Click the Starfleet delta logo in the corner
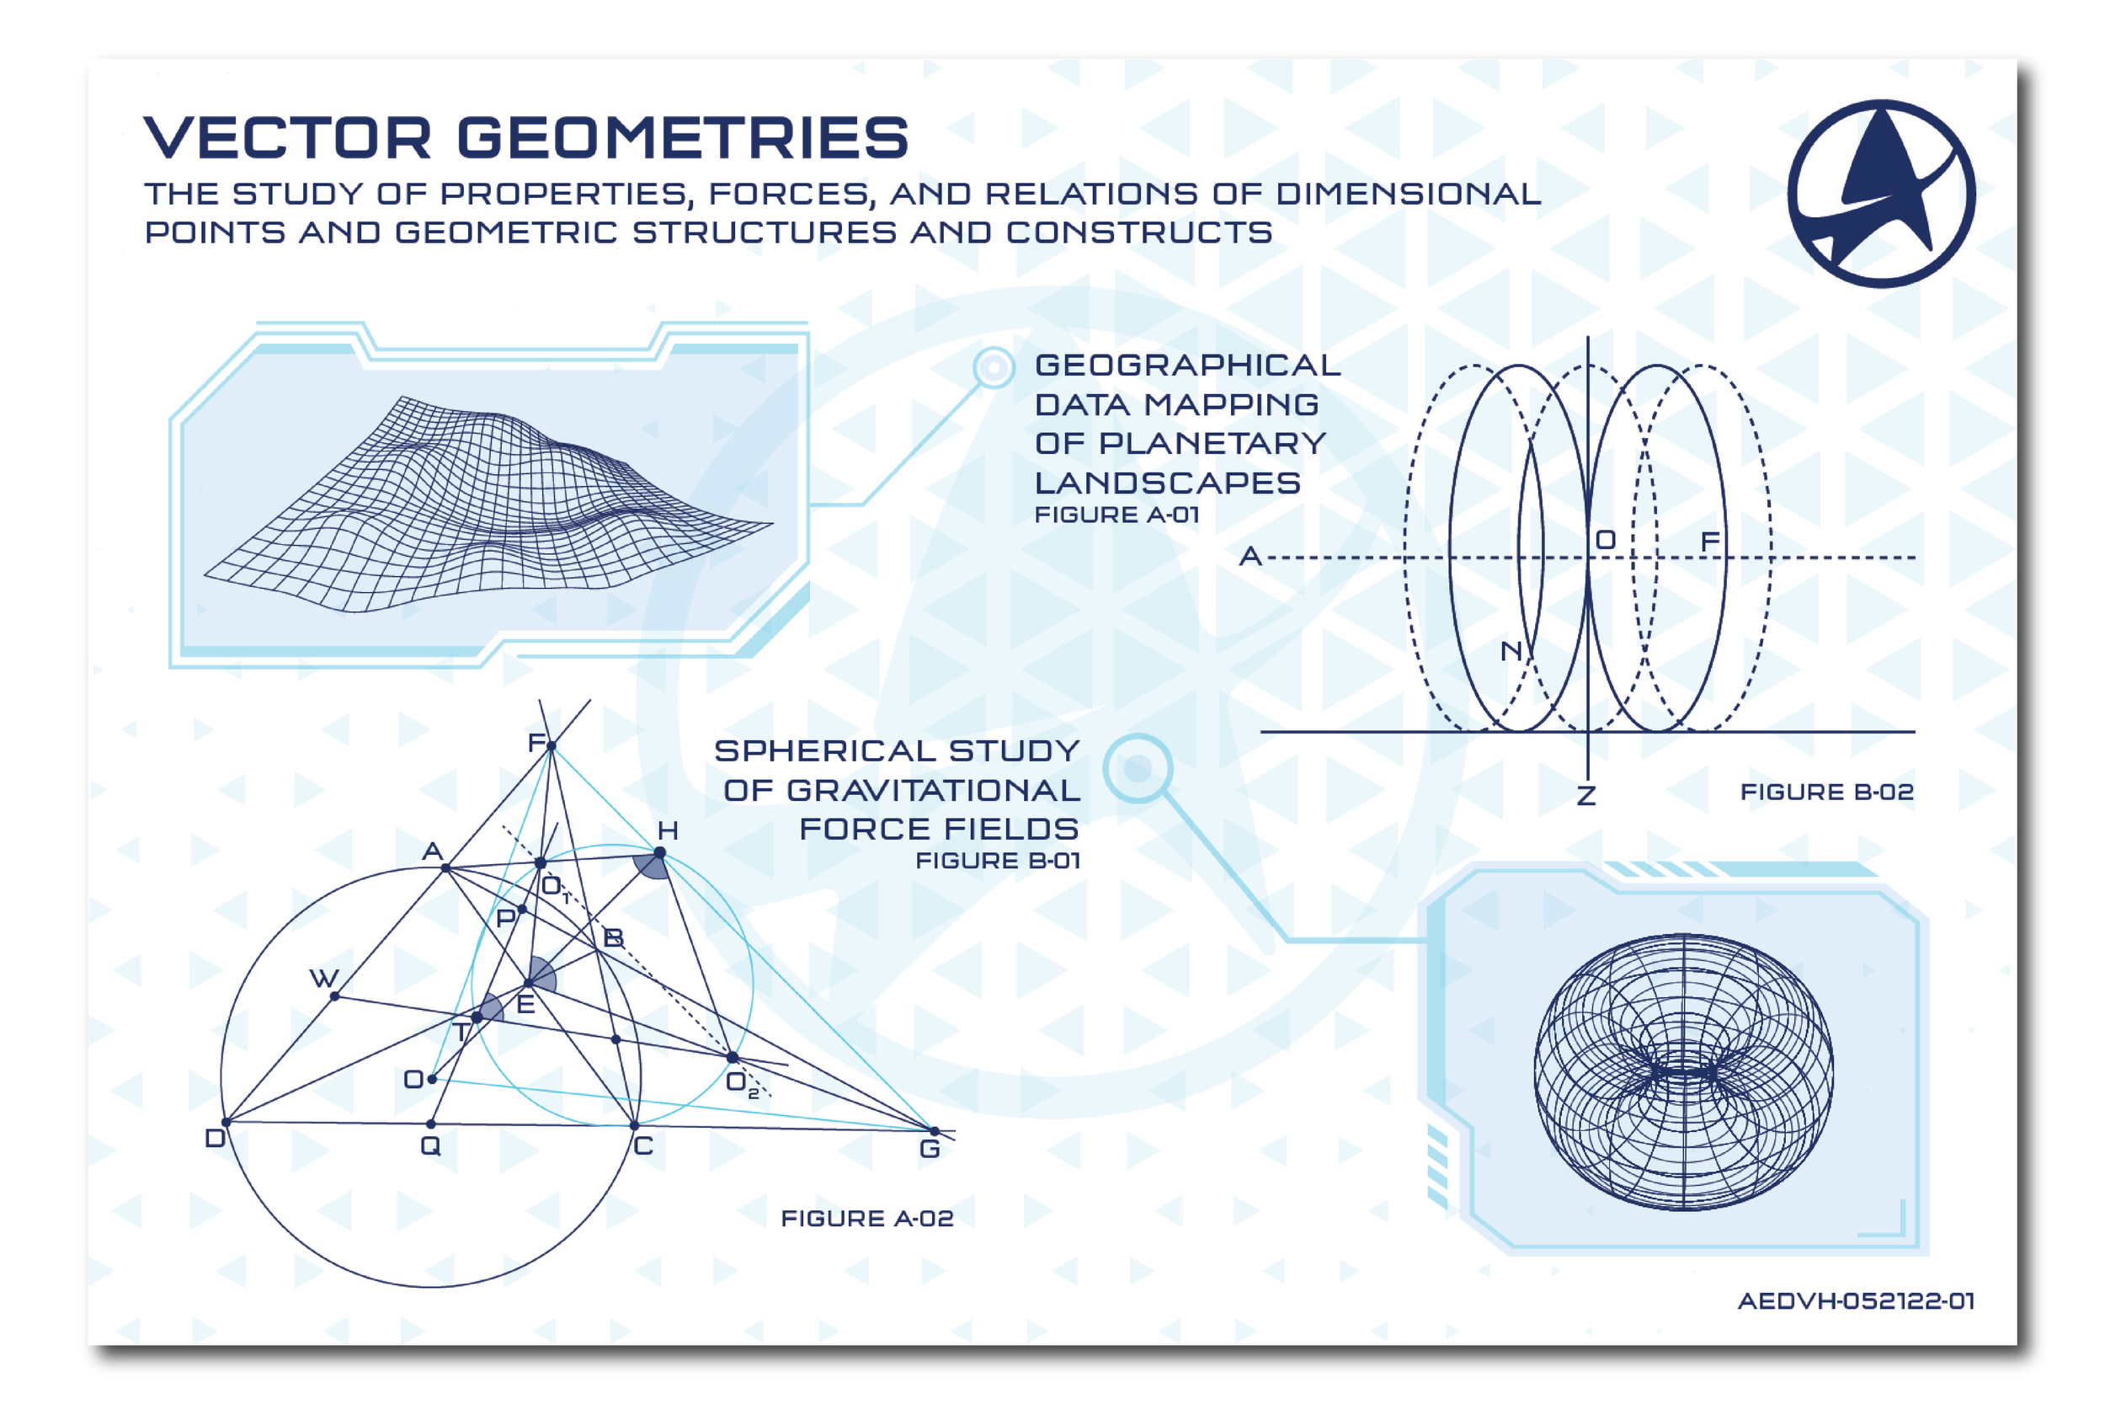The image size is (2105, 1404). pos(1880,194)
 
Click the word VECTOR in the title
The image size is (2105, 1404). pos(287,138)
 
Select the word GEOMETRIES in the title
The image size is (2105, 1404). pos(683,138)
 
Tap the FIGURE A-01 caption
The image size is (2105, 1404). pos(1116,515)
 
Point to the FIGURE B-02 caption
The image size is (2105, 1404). pos(1825,792)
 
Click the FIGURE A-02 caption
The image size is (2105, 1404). pos(866,1218)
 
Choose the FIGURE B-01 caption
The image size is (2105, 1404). pos(997,861)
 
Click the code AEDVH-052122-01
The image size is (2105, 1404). pos(1855,1300)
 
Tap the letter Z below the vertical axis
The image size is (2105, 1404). pos(1586,795)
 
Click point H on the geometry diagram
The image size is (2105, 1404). pos(659,853)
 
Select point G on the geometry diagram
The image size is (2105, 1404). pos(935,1132)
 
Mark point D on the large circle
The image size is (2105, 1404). pos(226,1121)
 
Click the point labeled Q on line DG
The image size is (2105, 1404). pos(430,1124)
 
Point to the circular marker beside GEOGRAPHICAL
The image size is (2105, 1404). pos(994,367)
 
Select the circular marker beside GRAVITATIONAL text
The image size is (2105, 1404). pos(1138,768)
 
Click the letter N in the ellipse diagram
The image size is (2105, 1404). pos(1511,651)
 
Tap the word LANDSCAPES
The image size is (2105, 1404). pos(1167,483)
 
